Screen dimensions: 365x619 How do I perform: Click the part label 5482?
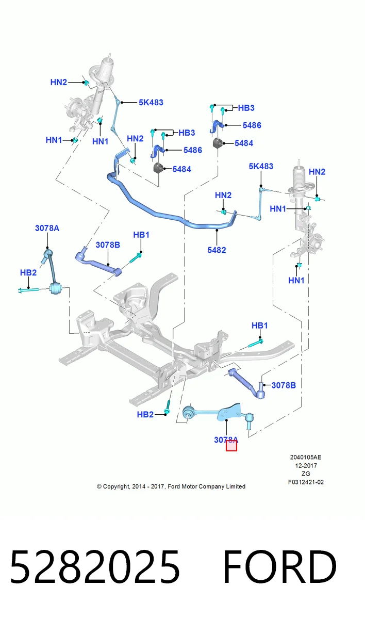(x=217, y=250)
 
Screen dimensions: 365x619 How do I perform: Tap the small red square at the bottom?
(x=231, y=446)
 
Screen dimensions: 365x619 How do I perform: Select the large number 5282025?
(x=95, y=567)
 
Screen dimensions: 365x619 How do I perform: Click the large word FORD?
(x=280, y=567)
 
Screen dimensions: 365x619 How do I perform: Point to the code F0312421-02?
(x=306, y=482)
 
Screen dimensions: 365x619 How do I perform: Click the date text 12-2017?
(x=306, y=466)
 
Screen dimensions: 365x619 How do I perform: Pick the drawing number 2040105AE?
(x=306, y=458)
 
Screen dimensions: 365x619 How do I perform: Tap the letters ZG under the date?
(x=306, y=474)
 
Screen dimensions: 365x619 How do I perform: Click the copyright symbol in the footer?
(x=99, y=486)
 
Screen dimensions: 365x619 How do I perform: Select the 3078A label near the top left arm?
(x=47, y=228)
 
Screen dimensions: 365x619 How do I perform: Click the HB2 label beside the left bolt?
(x=28, y=273)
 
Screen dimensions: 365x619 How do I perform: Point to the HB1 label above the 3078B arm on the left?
(x=141, y=235)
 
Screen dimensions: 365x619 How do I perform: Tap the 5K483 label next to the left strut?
(x=151, y=103)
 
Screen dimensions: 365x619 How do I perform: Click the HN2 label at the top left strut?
(x=59, y=83)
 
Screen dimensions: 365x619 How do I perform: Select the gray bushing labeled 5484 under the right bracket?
(x=218, y=142)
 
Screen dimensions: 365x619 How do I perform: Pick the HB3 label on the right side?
(x=246, y=108)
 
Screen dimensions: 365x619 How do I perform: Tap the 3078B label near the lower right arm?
(x=284, y=385)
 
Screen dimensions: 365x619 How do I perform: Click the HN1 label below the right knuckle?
(x=296, y=281)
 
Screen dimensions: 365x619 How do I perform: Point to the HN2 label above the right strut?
(x=317, y=172)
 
